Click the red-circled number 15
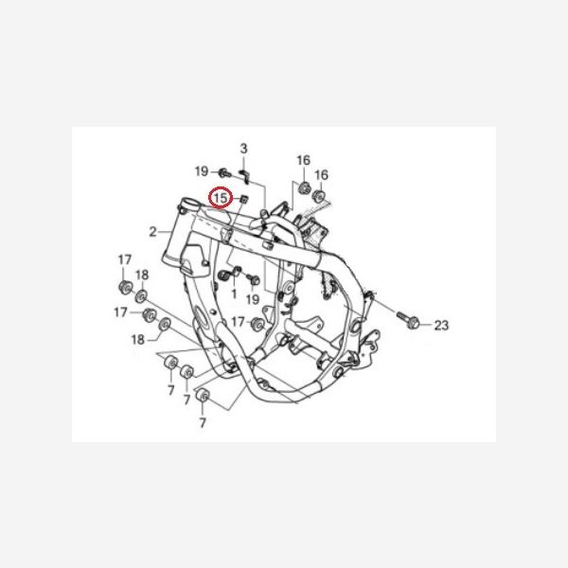pos(221,199)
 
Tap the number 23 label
pos(441,326)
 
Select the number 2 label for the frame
pos(152,232)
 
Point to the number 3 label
pos(244,149)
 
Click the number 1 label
pos(234,293)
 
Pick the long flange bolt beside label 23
pos(407,320)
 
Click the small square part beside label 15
pos(244,199)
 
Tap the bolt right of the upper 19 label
pos(224,172)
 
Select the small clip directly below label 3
pos(243,176)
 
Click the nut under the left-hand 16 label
pos(304,187)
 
